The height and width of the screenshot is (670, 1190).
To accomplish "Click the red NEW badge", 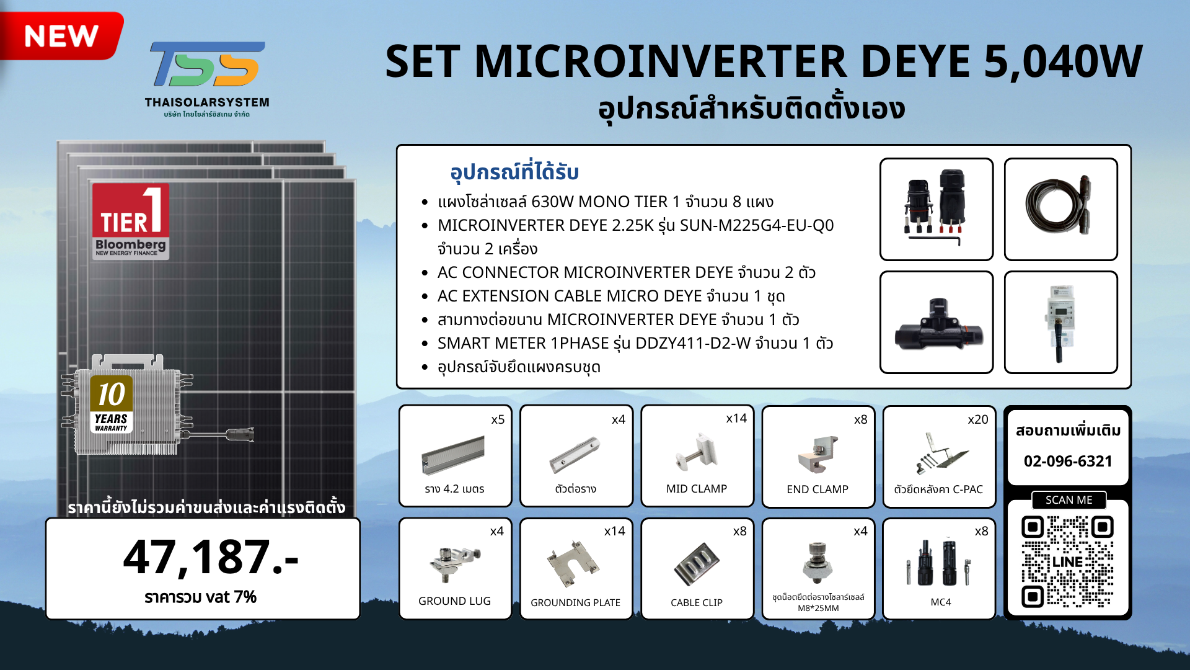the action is tap(61, 35).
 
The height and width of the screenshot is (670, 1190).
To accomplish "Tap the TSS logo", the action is tap(207, 64).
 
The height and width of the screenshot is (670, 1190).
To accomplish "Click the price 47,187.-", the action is tap(211, 556).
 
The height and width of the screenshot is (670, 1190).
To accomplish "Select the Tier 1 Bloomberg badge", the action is tap(130, 221).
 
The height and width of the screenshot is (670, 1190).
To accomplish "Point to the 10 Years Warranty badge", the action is tap(112, 404).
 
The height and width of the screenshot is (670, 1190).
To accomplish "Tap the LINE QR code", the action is tap(1067, 561).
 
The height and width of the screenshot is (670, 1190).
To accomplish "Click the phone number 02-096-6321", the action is tap(1068, 461).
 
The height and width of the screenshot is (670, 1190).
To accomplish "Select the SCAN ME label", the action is tap(1069, 500).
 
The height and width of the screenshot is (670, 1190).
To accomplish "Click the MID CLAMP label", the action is tap(697, 489).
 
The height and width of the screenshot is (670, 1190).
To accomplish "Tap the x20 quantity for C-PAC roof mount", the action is tap(978, 419).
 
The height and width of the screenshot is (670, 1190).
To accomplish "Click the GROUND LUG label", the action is tap(454, 601).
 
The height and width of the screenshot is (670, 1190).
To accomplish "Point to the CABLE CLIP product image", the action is tap(697, 564).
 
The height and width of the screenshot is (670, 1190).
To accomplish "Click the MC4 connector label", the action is tap(941, 602).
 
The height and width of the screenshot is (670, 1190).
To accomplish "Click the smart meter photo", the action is tap(1060, 322).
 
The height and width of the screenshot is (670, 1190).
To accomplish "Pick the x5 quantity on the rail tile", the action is tap(498, 419).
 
